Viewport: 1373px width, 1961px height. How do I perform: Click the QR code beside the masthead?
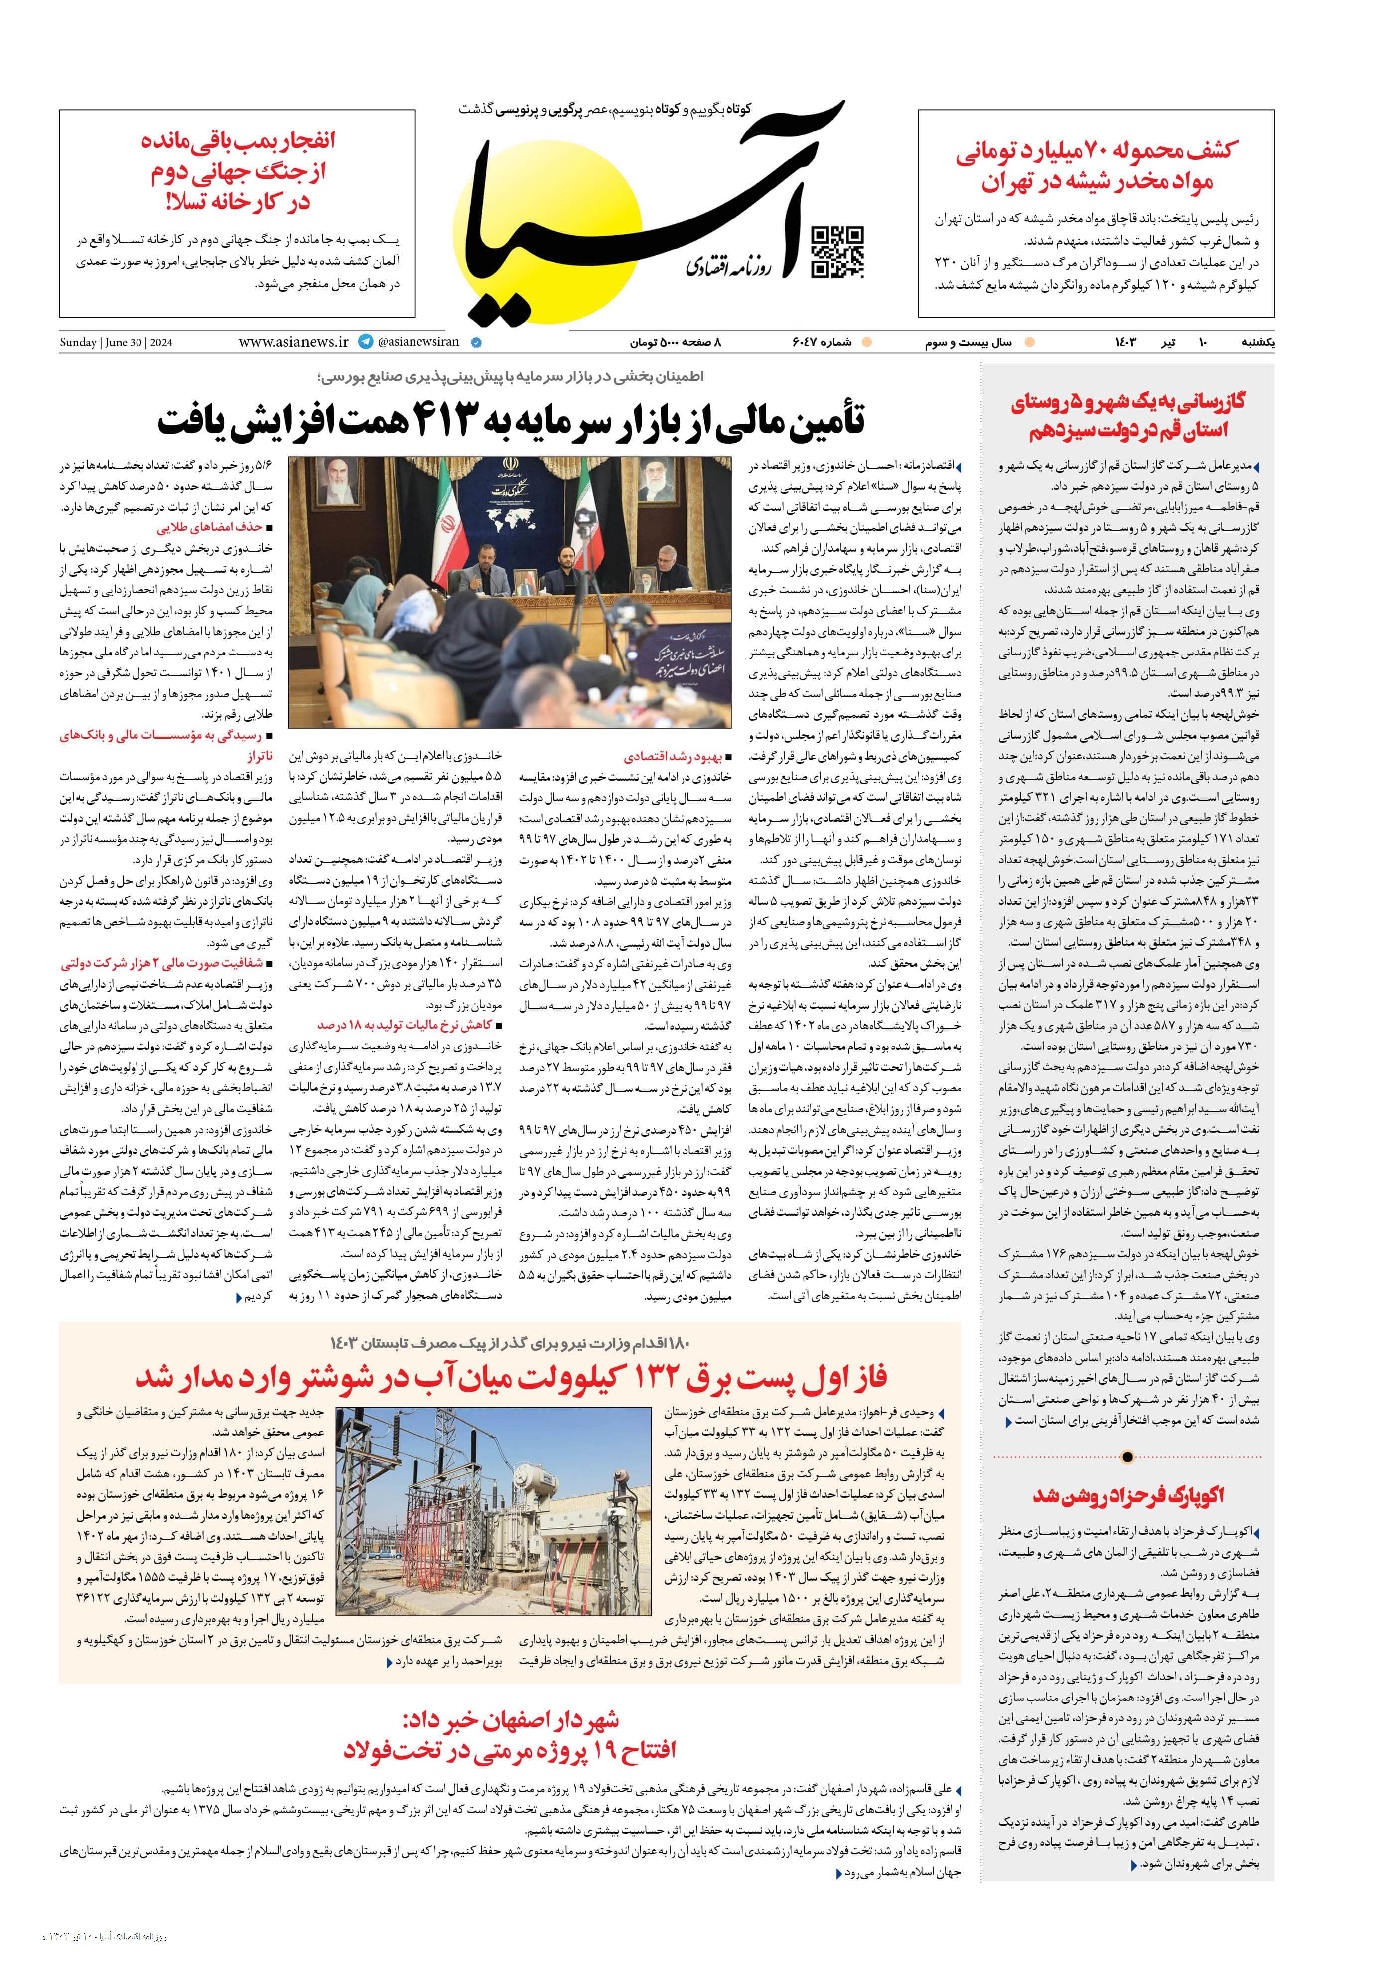836,253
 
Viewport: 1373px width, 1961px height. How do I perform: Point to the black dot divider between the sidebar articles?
1127,1457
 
